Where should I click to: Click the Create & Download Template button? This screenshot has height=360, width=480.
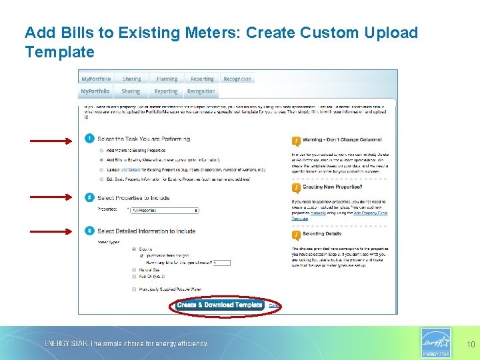tap(220, 305)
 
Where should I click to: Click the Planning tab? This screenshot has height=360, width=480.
tap(167, 79)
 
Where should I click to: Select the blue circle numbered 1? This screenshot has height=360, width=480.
tap(89, 139)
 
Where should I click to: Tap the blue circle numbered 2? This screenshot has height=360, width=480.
tap(89, 197)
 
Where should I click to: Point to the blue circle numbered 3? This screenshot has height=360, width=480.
tap(89, 231)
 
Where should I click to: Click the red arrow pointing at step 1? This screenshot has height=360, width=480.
tap(49, 141)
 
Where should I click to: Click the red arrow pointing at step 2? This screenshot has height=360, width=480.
tap(49, 196)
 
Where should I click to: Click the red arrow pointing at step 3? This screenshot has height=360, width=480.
tap(49, 230)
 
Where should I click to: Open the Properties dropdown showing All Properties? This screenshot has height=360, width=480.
tap(164, 210)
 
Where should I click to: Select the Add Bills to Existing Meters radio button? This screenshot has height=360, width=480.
tap(101, 160)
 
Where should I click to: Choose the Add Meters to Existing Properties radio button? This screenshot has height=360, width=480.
tap(101, 151)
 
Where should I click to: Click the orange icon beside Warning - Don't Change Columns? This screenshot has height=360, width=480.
tap(296, 141)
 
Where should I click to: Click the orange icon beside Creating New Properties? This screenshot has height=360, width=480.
tap(296, 188)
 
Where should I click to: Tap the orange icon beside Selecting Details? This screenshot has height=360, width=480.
tap(296, 235)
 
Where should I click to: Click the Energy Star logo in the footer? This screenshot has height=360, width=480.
tap(436, 343)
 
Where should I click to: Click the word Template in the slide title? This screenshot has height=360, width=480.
tap(60, 52)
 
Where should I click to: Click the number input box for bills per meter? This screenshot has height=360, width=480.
tap(221, 263)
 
